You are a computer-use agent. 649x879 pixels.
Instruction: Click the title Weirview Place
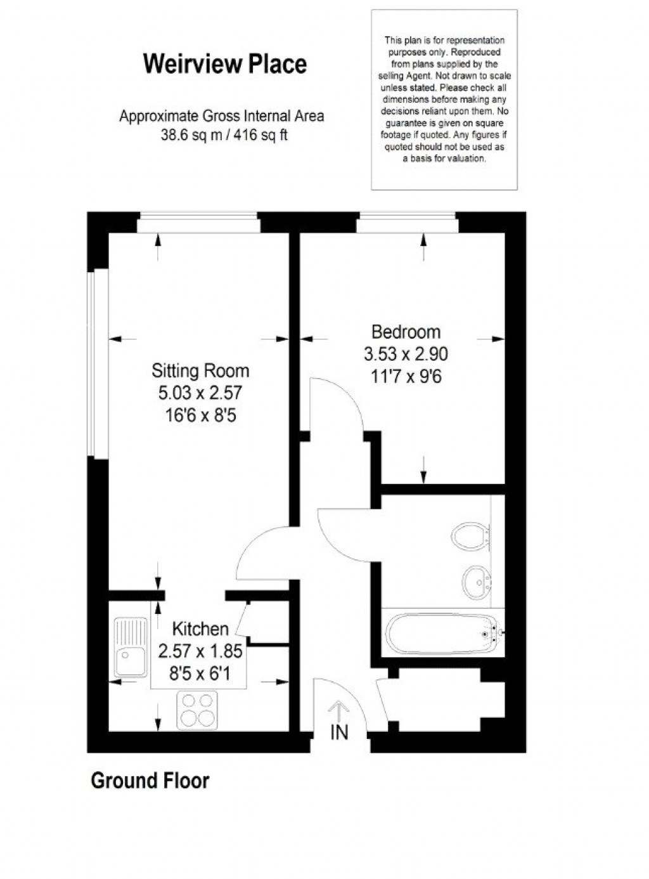(x=225, y=64)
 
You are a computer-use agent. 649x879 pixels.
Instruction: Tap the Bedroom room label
(x=406, y=332)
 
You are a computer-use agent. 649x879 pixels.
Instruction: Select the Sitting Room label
(x=200, y=370)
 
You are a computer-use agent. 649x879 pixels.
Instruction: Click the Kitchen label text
(x=200, y=628)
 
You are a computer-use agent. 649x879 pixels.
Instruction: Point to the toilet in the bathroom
(x=470, y=537)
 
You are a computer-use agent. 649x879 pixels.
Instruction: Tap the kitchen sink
(x=130, y=647)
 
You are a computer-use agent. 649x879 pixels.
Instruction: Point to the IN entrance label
(x=340, y=732)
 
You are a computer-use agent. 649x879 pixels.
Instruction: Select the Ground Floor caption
(x=150, y=780)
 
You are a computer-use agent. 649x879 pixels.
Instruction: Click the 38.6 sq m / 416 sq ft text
(x=223, y=135)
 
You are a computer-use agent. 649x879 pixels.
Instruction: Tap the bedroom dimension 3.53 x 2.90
(x=406, y=354)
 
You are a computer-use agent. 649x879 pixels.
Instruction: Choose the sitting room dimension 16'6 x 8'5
(x=200, y=415)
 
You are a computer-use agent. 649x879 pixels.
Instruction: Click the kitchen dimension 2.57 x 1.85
(x=200, y=651)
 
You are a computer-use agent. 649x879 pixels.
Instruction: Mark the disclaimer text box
(x=444, y=100)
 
